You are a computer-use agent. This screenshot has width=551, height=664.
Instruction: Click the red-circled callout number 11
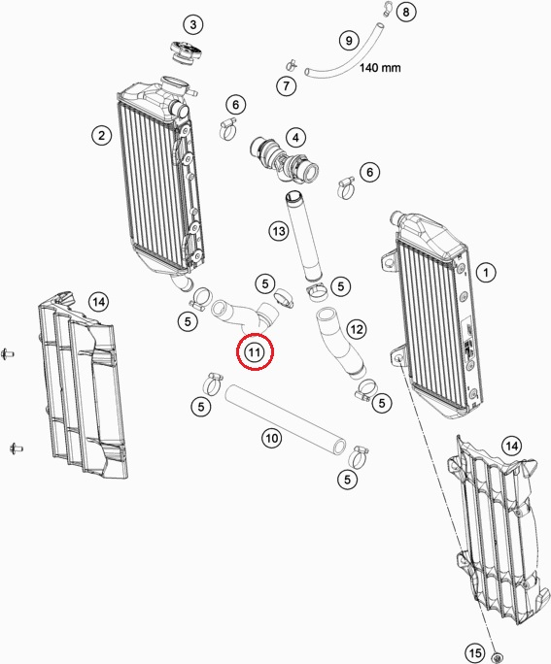(x=255, y=352)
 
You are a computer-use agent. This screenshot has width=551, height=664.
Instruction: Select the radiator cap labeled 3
(x=185, y=52)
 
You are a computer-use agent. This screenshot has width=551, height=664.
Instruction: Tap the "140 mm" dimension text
(x=380, y=68)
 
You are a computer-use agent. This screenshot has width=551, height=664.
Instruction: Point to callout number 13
(x=279, y=231)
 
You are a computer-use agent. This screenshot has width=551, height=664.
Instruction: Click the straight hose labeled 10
(x=286, y=418)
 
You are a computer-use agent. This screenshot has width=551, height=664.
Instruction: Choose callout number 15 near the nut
(x=475, y=653)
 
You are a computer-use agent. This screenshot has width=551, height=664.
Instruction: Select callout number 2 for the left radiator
(x=102, y=136)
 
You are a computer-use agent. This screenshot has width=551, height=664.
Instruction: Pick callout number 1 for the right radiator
(x=486, y=272)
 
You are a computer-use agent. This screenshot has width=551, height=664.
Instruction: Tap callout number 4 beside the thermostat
(x=295, y=137)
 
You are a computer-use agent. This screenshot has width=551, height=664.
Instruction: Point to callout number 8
(x=406, y=12)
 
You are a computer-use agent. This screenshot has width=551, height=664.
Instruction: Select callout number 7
(x=287, y=86)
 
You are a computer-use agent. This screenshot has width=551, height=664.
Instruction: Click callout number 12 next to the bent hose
(x=357, y=329)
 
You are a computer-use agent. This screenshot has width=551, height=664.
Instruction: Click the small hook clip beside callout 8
(x=387, y=9)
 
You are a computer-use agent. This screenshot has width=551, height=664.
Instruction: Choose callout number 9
(x=349, y=40)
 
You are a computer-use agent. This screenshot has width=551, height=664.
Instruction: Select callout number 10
(x=272, y=438)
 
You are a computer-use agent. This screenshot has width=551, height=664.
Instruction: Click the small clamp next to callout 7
(x=292, y=65)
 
